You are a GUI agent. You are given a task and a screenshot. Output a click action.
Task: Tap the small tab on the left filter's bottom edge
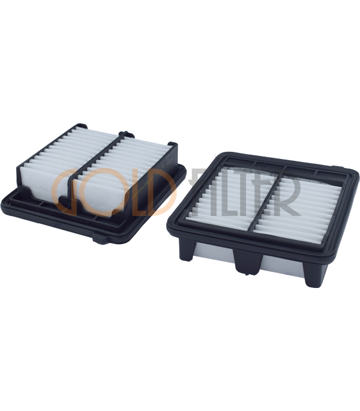coord(101,239)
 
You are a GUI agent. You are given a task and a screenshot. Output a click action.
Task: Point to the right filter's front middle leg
coord(248,262)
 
